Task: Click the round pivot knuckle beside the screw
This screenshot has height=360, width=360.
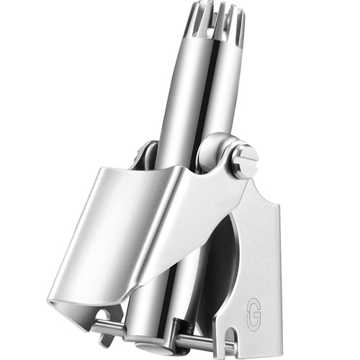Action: point(214,150)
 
